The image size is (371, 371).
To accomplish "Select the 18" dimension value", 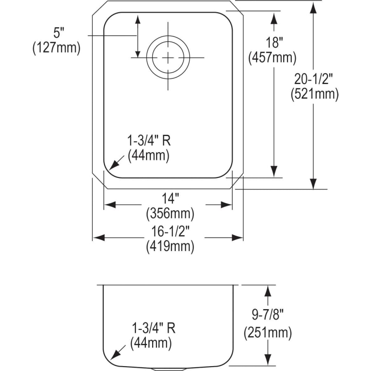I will coord(272,43).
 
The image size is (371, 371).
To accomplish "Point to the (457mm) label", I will coord(272,58).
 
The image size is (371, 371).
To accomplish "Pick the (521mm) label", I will coord(314,94).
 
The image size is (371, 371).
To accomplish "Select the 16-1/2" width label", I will coord(169,231).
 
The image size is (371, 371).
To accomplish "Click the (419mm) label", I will coord(169,247).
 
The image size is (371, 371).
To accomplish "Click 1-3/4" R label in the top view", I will coord(149,141).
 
